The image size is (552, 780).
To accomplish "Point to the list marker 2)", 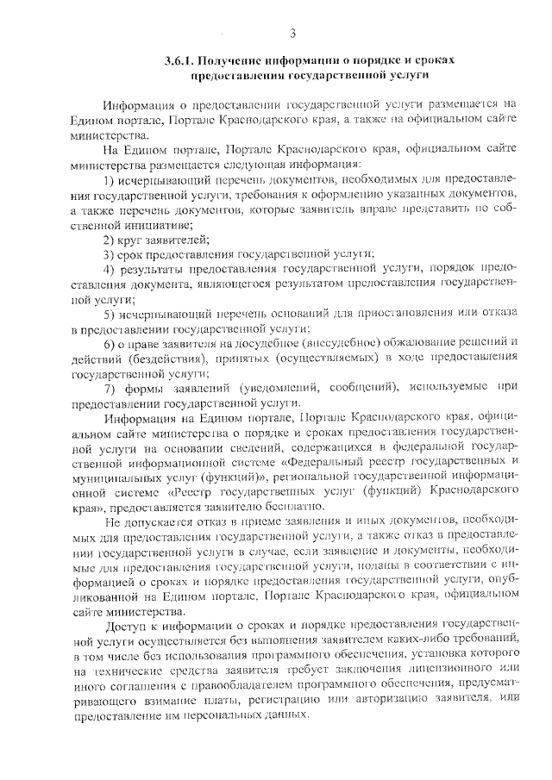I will click(110, 239).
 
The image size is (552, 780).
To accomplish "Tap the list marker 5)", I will click(110, 314).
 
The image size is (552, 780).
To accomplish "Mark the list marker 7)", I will click(110, 389).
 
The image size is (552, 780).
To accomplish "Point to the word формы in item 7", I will click(150, 389).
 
